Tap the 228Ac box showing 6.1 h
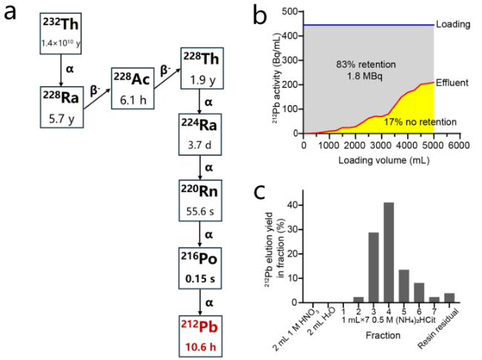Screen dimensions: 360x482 [x=133, y=88]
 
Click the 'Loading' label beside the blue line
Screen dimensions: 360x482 [x=453, y=24]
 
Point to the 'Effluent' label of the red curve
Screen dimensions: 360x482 [x=452, y=82]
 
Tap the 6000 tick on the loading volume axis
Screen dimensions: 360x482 [x=458, y=145]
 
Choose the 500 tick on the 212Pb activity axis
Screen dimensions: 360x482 [x=291, y=12]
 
